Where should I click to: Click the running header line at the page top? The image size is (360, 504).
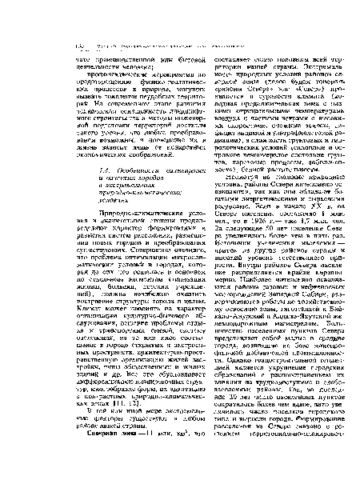pos(179,17)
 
